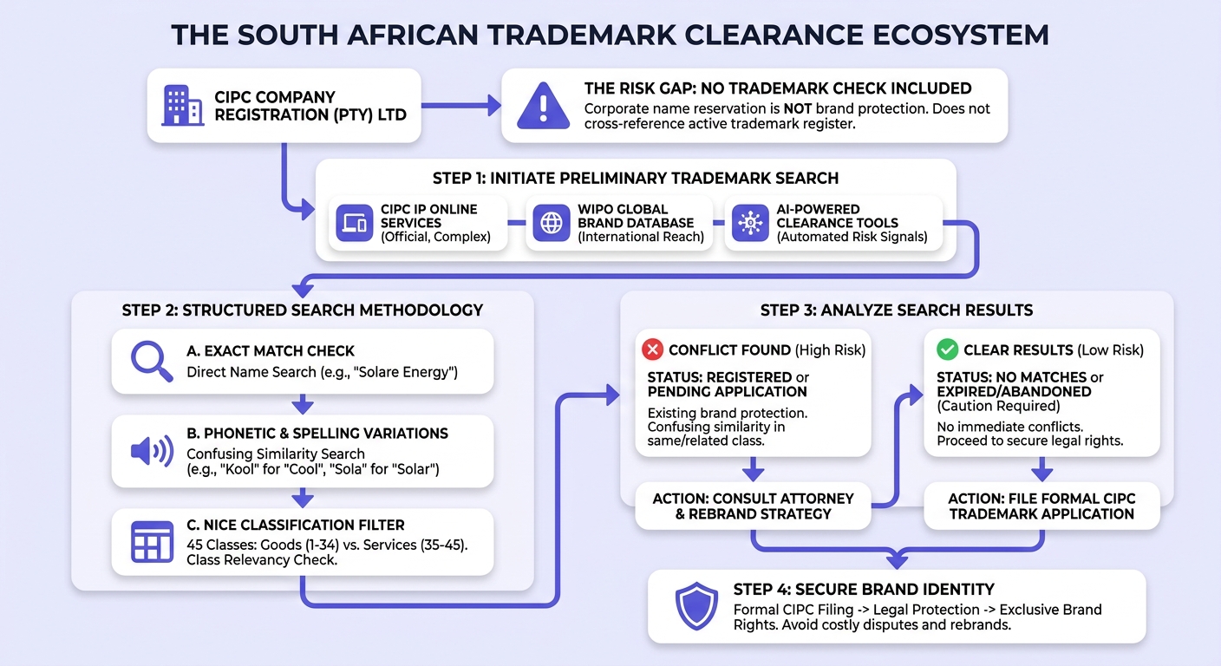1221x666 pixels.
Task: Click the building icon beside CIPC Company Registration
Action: [183, 106]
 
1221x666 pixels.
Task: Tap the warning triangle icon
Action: [543, 107]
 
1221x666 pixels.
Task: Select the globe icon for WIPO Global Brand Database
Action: [551, 223]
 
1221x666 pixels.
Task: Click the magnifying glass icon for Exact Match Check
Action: [152, 361]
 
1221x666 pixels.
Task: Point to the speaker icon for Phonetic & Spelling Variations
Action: [152, 451]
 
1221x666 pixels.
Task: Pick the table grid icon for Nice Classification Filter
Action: [152, 542]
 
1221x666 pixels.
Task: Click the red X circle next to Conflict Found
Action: [652, 349]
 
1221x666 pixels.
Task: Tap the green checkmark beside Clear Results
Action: [947, 349]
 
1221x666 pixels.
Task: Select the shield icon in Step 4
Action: [696, 605]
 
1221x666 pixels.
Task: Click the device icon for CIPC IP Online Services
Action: [355, 223]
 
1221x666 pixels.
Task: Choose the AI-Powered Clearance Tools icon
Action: [750, 223]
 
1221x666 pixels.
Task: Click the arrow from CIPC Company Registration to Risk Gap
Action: [461, 106]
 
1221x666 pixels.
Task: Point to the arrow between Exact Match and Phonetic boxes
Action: [303, 404]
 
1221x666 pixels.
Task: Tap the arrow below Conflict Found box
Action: [753, 469]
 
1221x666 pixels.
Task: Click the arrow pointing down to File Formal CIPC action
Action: [1041, 469]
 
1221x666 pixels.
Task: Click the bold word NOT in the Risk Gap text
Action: [798, 109]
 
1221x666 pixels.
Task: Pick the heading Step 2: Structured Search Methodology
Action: [303, 310]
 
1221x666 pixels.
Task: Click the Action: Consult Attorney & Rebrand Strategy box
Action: [753, 506]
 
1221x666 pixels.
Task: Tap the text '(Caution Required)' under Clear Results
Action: [999, 406]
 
